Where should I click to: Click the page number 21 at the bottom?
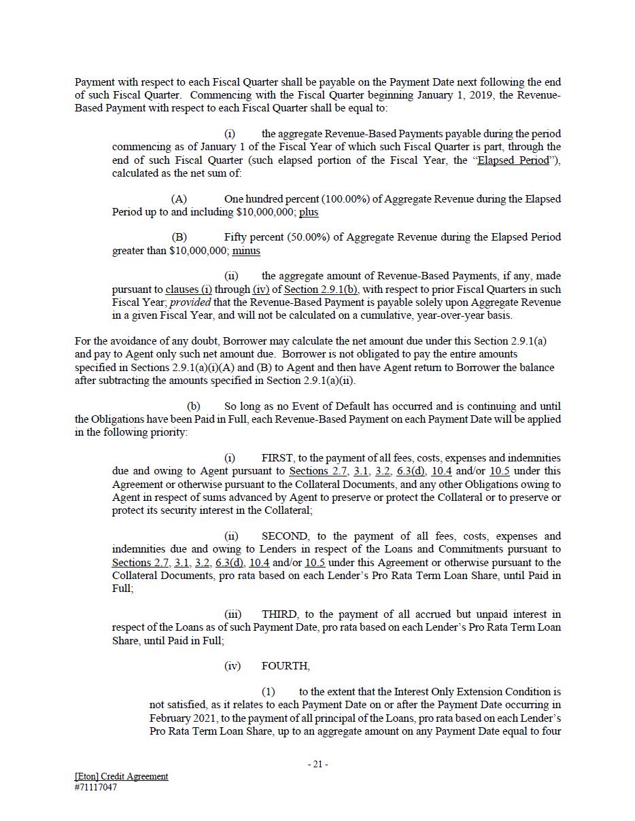pyautogui.click(x=317, y=764)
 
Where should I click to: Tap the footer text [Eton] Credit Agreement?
pyautogui.click(x=121, y=776)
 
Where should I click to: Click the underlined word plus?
pyautogui.click(x=309, y=212)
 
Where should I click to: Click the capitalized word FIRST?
pyautogui.click(x=278, y=458)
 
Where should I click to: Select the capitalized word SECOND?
pyautogui.click(x=285, y=536)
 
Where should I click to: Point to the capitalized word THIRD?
pyautogui.click(x=279, y=614)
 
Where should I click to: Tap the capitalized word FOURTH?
pyautogui.click(x=286, y=666)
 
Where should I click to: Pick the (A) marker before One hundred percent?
pyautogui.click(x=179, y=199)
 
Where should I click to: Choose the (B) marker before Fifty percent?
pyautogui.click(x=179, y=237)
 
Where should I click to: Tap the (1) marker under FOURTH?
pyautogui.click(x=269, y=692)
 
